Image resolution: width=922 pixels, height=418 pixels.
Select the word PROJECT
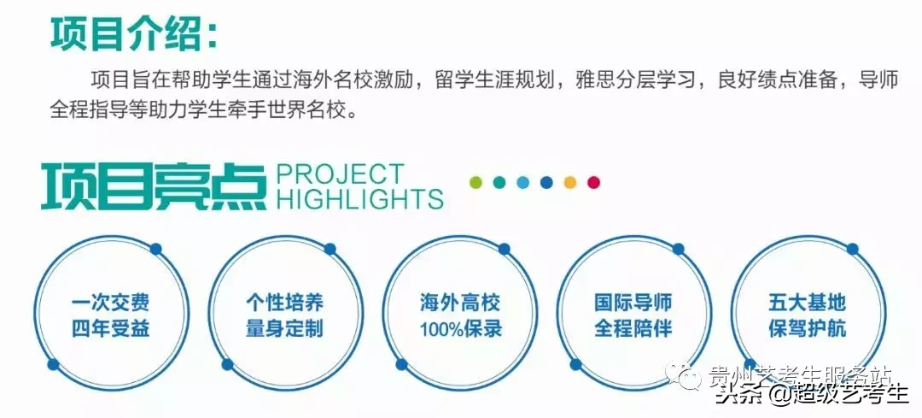340,174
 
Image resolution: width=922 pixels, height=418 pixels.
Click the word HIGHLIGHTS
359,199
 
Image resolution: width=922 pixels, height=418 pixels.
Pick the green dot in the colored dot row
476,182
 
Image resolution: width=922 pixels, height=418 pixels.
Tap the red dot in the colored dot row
593,182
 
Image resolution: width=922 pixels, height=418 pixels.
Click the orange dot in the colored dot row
570,182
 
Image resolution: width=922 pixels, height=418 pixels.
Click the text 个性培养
284,303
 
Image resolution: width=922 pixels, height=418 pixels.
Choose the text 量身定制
284,328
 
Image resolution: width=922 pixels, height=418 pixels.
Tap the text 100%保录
460,328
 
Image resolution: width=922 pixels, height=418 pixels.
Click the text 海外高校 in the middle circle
460,303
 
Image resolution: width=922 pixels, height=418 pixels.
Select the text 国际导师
633,303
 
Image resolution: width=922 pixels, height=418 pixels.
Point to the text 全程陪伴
633,328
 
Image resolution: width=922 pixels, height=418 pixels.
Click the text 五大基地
808,303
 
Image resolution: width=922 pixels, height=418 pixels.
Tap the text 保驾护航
808,328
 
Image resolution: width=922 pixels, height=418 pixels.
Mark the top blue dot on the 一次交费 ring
155,249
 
